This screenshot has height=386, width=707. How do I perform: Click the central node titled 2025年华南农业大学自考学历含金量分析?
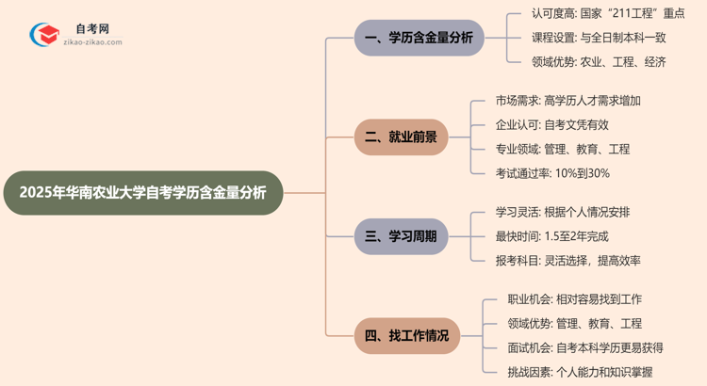pos(141,192)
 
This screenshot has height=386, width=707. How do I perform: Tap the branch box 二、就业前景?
pos(401,137)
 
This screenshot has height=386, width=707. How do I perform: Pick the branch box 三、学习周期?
pos(401,236)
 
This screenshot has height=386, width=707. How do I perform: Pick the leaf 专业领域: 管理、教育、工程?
pos(562,149)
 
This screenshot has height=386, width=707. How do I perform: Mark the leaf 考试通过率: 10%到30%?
pos(552,173)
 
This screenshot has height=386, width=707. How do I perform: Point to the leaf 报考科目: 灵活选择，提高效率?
pos(567,261)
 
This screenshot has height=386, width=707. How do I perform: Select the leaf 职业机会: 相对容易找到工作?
pos(568,299)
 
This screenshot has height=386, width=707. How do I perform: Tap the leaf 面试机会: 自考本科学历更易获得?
pos(580,348)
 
